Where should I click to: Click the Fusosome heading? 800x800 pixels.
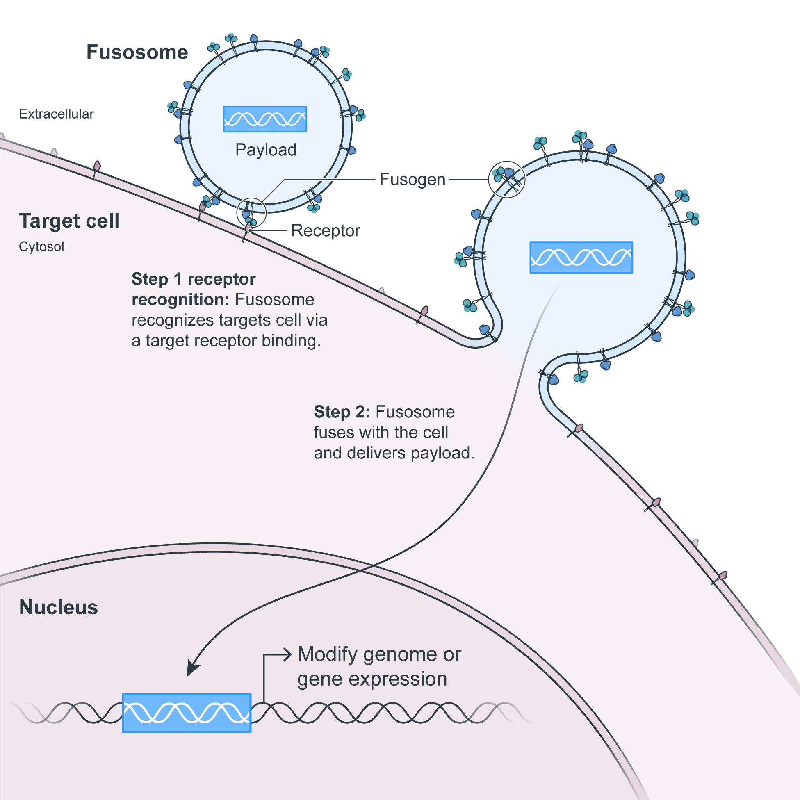coord(137,52)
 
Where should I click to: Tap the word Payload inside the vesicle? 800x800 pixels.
coord(266,150)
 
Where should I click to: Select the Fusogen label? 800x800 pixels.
coord(413,180)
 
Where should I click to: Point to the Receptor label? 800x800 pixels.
coord(326,230)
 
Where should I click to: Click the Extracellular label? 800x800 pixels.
coord(56,114)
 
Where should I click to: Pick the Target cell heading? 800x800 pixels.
coord(69,221)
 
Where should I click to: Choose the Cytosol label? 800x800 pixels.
coord(41,247)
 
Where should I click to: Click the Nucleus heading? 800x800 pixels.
coord(58,607)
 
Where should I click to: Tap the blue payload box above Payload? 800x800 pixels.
coord(265,119)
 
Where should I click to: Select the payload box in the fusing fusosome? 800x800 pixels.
coord(581,257)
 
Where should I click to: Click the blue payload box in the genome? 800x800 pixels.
coord(187,713)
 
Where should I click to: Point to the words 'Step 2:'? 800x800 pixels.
coord(342,412)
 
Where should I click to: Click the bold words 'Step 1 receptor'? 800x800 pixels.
coord(194,279)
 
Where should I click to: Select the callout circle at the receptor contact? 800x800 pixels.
coord(251,212)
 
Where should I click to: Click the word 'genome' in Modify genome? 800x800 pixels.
coord(401,655)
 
